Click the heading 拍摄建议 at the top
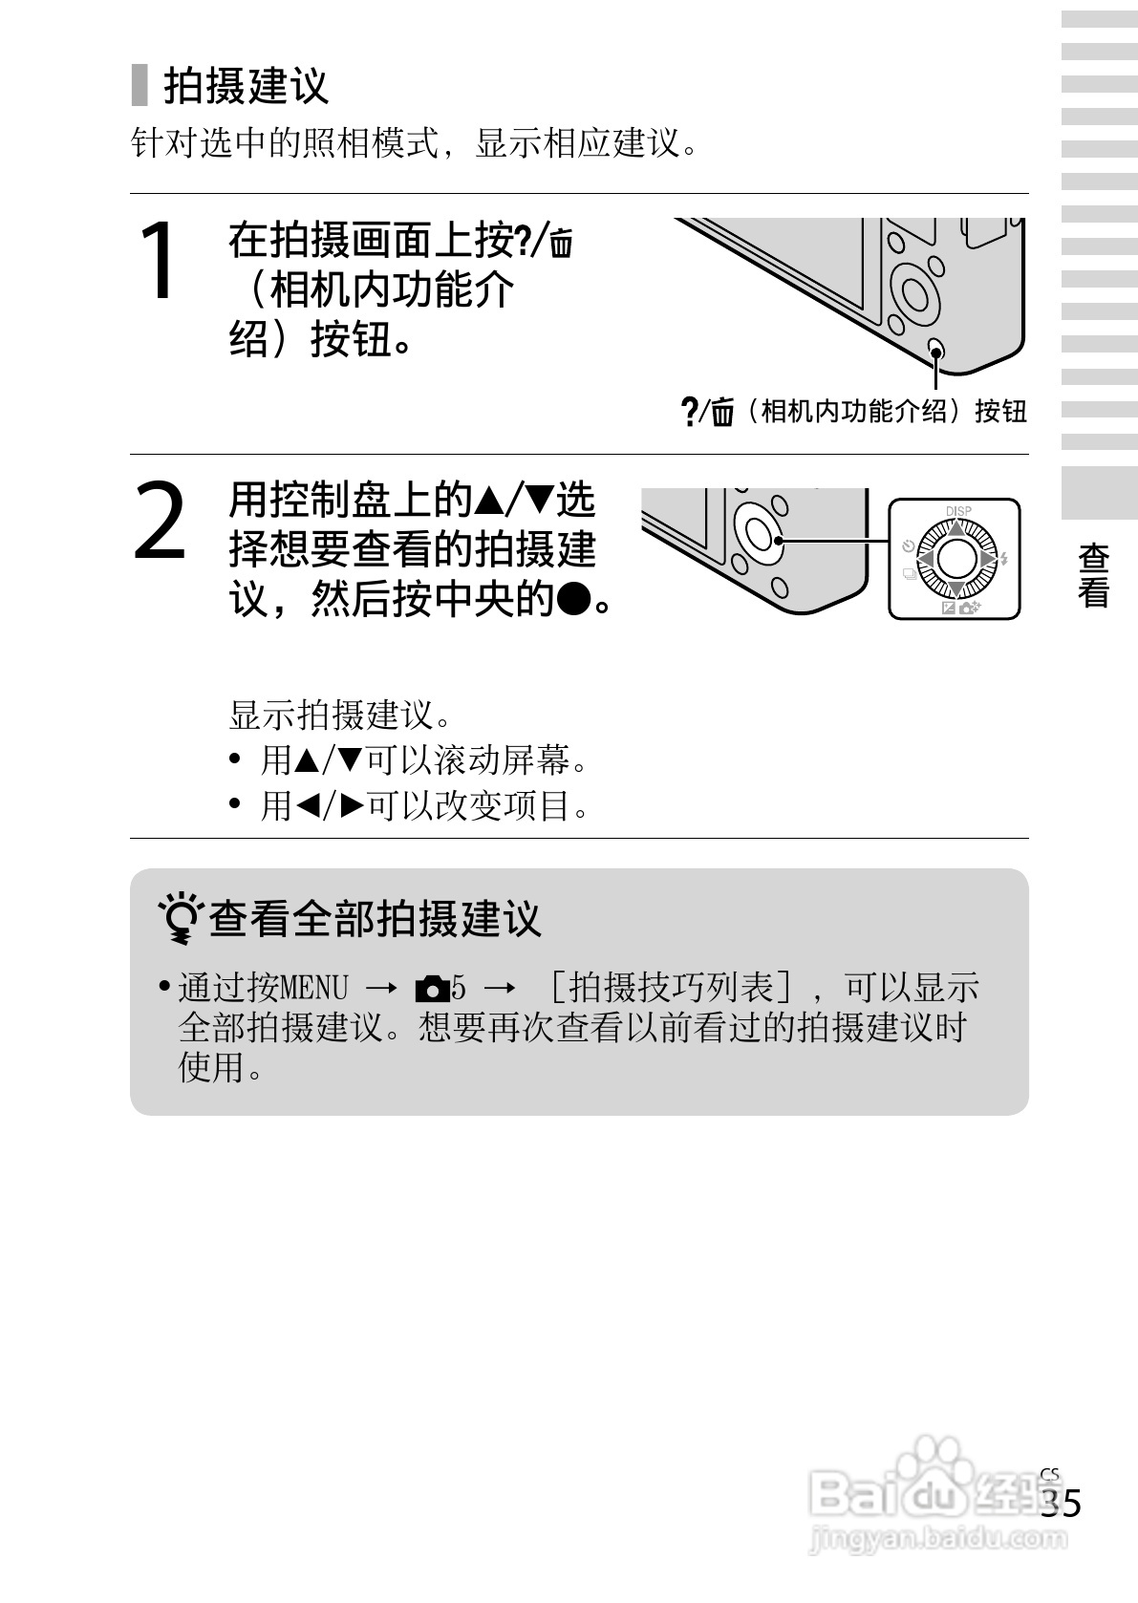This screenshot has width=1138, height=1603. (246, 86)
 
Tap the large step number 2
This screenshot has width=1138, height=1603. (160, 522)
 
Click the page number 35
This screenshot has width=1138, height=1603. (1061, 1504)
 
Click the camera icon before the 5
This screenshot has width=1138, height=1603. (432, 988)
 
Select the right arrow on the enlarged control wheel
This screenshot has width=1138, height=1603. (988, 558)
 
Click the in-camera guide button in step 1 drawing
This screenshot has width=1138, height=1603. (936, 350)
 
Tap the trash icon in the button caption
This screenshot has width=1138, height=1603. (722, 413)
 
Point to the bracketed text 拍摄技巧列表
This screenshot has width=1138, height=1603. (671, 987)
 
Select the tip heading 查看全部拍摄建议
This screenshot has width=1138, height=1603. (375, 919)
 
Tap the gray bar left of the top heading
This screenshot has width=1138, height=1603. (140, 85)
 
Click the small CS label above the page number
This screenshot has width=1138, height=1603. (1050, 1473)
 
